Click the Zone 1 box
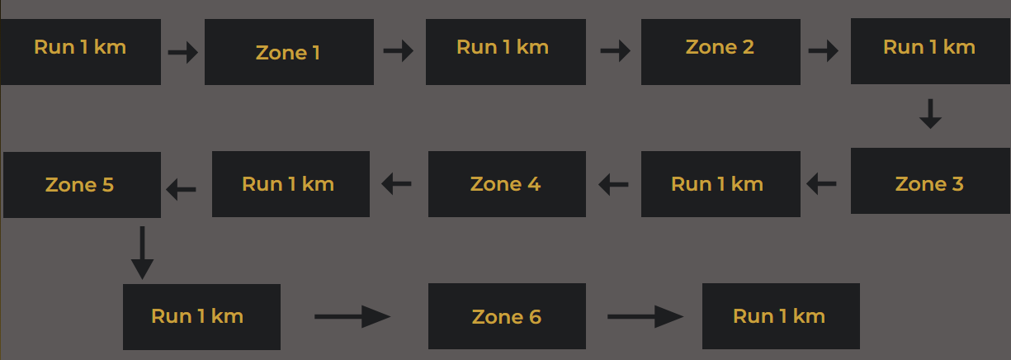(x=289, y=52)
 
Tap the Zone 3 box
(x=930, y=182)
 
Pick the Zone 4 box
(x=507, y=183)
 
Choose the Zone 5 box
(x=82, y=184)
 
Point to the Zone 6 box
(x=507, y=316)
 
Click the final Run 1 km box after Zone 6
(x=780, y=316)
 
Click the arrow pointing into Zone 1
(x=183, y=53)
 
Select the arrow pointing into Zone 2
(x=616, y=52)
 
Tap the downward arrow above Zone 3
(x=930, y=114)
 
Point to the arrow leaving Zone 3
(x=821, y=184)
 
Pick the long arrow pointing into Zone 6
(x=352, y=316)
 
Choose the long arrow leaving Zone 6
(x=645, y=316)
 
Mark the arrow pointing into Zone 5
(x=182, y=190)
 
